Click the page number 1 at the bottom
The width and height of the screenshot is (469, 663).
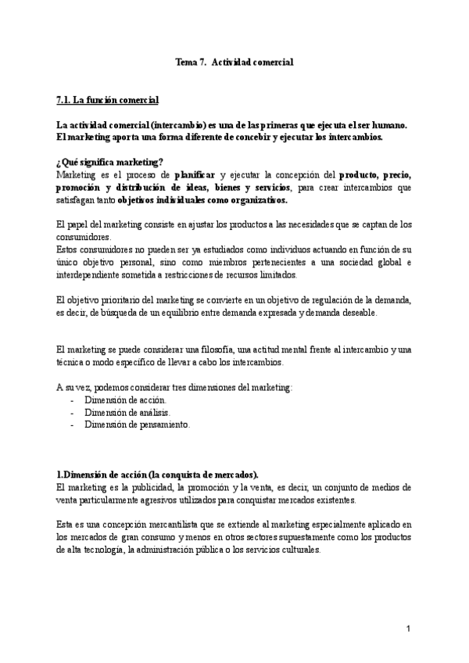(x=407, y=629)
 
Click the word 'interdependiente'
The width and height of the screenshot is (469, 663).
(x=88, y=275)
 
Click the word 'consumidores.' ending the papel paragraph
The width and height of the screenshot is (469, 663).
(x=84, y=238)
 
